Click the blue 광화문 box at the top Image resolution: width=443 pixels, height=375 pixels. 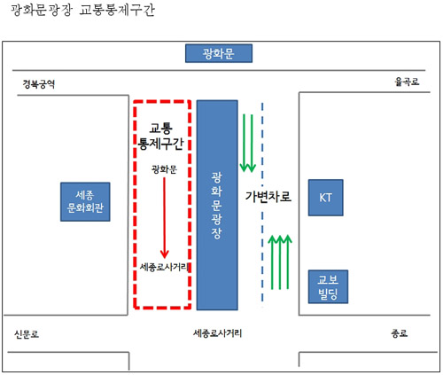click(219, 53)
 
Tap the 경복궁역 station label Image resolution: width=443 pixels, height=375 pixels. click(39, 84)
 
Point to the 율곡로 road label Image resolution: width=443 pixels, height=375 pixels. click(407, 82)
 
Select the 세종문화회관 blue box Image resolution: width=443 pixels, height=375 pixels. click(85, 202)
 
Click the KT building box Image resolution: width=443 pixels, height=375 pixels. click(325, 198)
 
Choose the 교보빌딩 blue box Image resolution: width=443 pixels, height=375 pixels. click(328, 286)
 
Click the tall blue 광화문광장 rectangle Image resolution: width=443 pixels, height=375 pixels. click(217, 205)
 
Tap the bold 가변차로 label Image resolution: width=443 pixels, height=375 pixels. click(268, 197)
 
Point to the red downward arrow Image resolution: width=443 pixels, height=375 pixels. click(165, 217)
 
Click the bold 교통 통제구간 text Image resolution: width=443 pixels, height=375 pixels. click(161, 137)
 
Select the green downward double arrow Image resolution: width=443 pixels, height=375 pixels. click(248, 143)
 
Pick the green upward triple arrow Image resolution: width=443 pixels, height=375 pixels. click(280, 262)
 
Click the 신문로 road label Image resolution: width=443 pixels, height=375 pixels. click(27, 334)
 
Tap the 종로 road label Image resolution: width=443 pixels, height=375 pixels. click(400, 333)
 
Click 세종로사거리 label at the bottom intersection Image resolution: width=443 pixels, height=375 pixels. click(217, 333)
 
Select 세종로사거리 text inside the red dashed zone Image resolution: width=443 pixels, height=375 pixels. click(164, 267)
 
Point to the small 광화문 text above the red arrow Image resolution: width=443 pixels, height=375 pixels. click(164, 169)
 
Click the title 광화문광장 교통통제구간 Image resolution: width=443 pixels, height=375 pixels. click(82, 10)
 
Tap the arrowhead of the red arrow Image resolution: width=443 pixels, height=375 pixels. click(165, 254)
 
